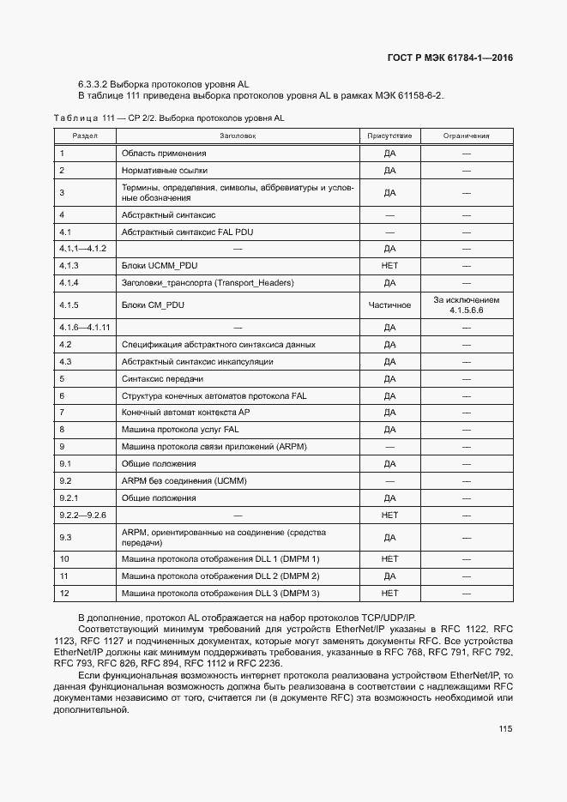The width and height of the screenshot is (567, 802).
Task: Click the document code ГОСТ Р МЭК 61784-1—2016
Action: [449, 58]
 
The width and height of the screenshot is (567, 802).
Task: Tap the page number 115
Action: [504, 729]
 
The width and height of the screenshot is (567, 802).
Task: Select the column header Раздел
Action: [84, 136]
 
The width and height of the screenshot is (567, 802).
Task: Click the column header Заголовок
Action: [238, 136]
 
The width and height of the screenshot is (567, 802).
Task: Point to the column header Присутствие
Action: [389, 136]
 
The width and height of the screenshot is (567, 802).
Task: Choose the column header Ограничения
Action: [466, 136]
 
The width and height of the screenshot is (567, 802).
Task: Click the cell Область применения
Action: [164, 154]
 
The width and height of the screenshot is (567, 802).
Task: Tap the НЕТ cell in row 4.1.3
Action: [389, 266]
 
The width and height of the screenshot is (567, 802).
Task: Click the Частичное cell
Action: [389, 305]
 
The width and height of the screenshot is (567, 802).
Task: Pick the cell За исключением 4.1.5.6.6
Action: [466, 305]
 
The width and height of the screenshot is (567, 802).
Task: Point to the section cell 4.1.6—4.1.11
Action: [85, 327]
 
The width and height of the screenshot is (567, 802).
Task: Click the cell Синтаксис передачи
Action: [162, 378]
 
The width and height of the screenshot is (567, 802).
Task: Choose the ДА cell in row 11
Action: [389, 576]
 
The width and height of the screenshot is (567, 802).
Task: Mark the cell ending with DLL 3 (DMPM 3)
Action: [220, 593]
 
